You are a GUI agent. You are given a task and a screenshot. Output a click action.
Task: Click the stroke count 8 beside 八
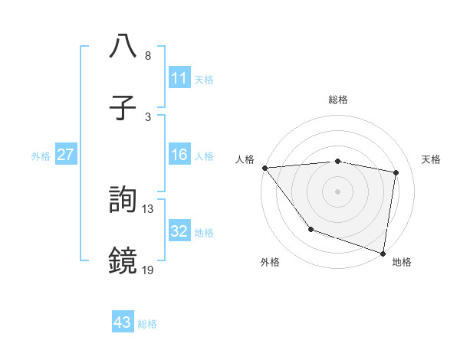(x=148, y=56)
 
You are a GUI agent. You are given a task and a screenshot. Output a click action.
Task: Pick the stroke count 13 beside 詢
(x=148, y=208)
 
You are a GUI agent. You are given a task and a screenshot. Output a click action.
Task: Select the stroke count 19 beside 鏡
(x=148, y=270)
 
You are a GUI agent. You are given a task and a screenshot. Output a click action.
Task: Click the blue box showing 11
(x=179, y=78)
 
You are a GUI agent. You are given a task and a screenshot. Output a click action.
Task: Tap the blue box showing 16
(x=179, y=155)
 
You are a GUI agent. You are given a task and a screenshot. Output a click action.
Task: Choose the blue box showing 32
(x=179, y=231)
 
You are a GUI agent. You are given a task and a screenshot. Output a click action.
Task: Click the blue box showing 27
(x=66, y=155)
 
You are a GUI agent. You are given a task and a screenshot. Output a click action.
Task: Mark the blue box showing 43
(x=123, y=322)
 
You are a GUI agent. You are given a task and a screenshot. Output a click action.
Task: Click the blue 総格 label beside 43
(x=147, y=324)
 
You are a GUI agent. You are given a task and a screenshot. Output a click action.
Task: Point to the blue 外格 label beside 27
(x=41, y=156)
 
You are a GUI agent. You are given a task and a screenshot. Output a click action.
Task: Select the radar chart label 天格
(x=431, y=159)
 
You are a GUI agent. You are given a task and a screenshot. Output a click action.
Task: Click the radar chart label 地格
(x=402, y=262)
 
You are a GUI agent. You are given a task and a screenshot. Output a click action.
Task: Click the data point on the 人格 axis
(x=264, y=168)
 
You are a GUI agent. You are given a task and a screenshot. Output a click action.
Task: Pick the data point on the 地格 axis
(x=383, y=253)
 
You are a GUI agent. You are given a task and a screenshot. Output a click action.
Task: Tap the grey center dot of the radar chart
(x=337, y=191)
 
